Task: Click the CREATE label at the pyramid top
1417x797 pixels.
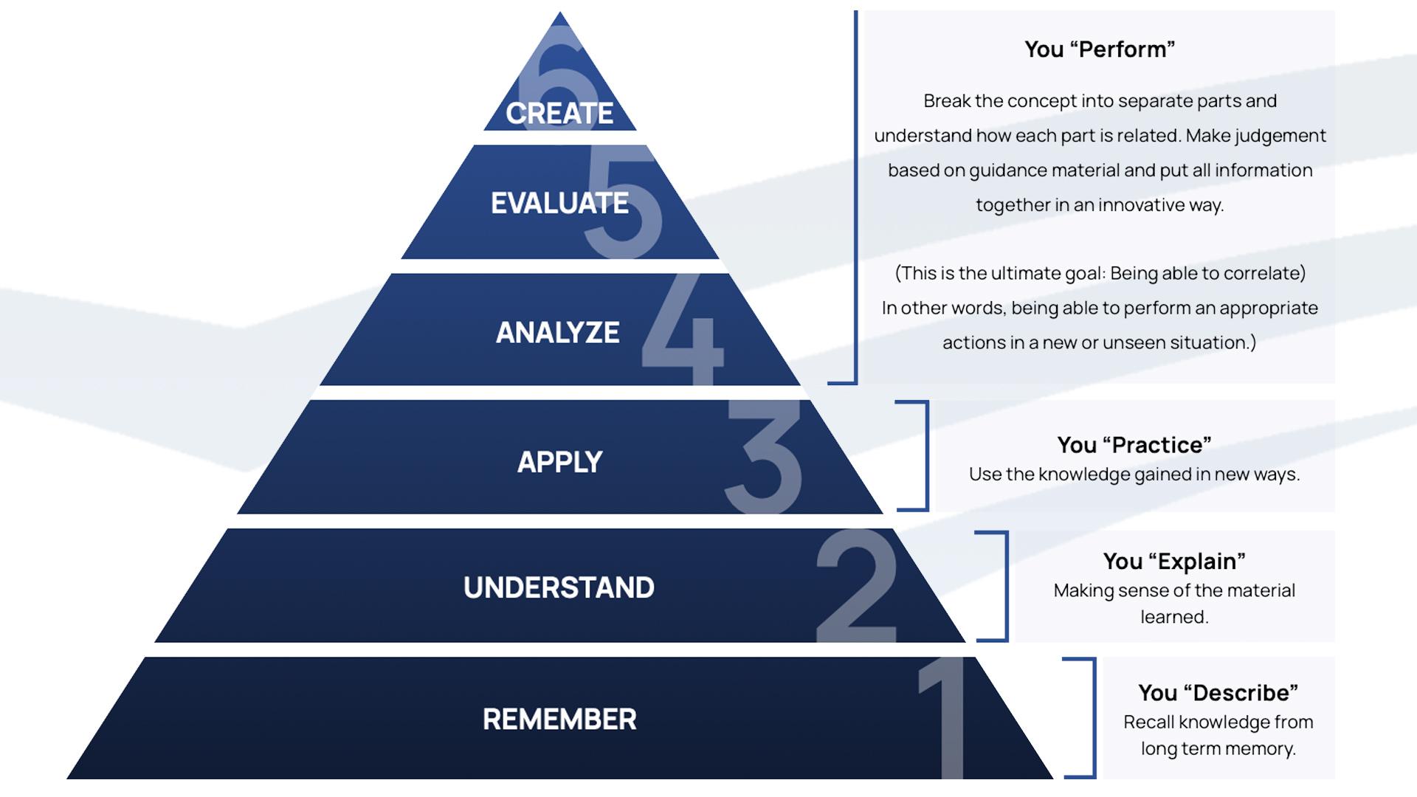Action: click(559, 114)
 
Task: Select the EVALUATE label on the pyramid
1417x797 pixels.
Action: click(559, 203)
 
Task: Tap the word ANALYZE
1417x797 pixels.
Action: click(557, 333)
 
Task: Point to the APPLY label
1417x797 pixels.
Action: click(559, 462)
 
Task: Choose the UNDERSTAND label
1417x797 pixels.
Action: click(559, 587)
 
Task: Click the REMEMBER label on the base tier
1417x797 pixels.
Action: click(559, 720)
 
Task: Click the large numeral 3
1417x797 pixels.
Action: click(764, 456)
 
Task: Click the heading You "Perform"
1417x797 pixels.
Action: click(1100, 49)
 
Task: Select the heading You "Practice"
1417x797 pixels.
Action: click(1134, 445)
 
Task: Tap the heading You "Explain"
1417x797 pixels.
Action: click(1174, 562)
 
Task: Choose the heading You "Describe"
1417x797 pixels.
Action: click(1218, 693)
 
